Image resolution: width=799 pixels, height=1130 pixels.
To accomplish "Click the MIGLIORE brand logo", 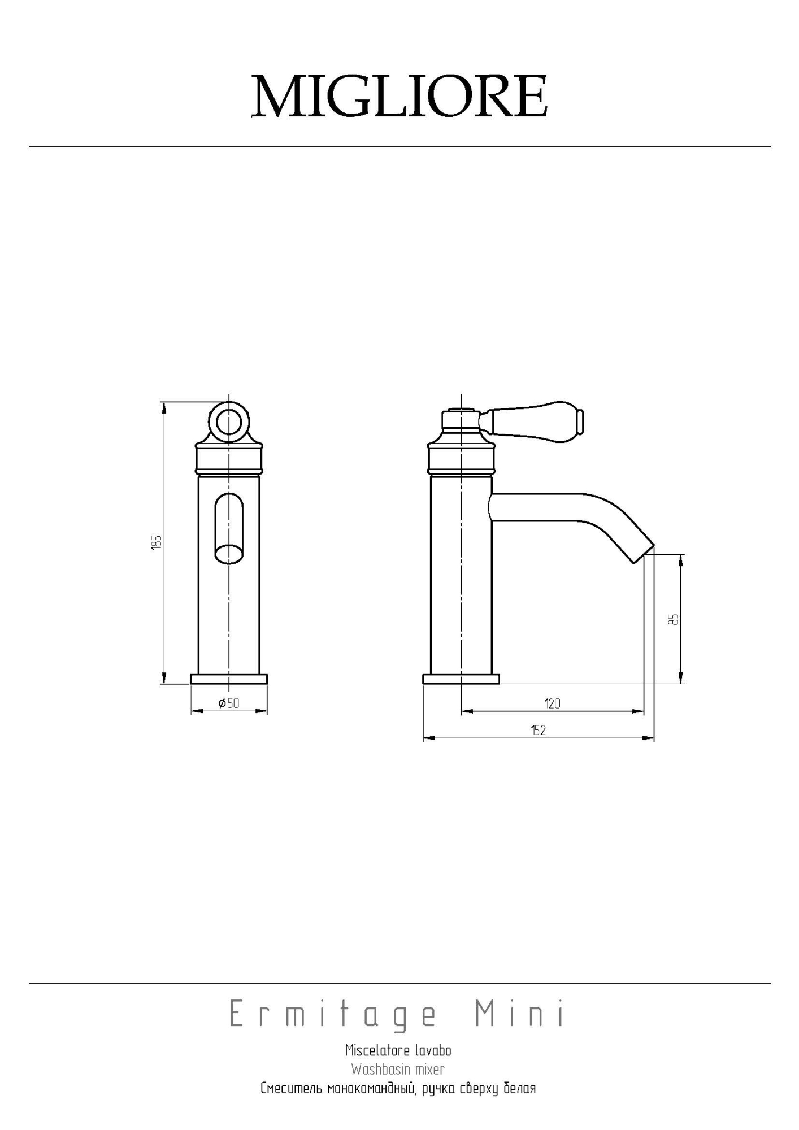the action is click(x=399, y=96).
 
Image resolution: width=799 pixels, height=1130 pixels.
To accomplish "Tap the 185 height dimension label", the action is click(x=157, y=542).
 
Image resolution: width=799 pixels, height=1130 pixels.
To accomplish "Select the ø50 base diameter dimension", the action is click(x=229, y=703).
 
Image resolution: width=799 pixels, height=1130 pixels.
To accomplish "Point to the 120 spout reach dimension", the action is click(x=553, y=703).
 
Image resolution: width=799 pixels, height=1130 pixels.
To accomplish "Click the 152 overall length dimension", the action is click(x=539, y=730).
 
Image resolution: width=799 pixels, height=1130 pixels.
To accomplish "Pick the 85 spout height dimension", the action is click(x=673, y=619).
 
